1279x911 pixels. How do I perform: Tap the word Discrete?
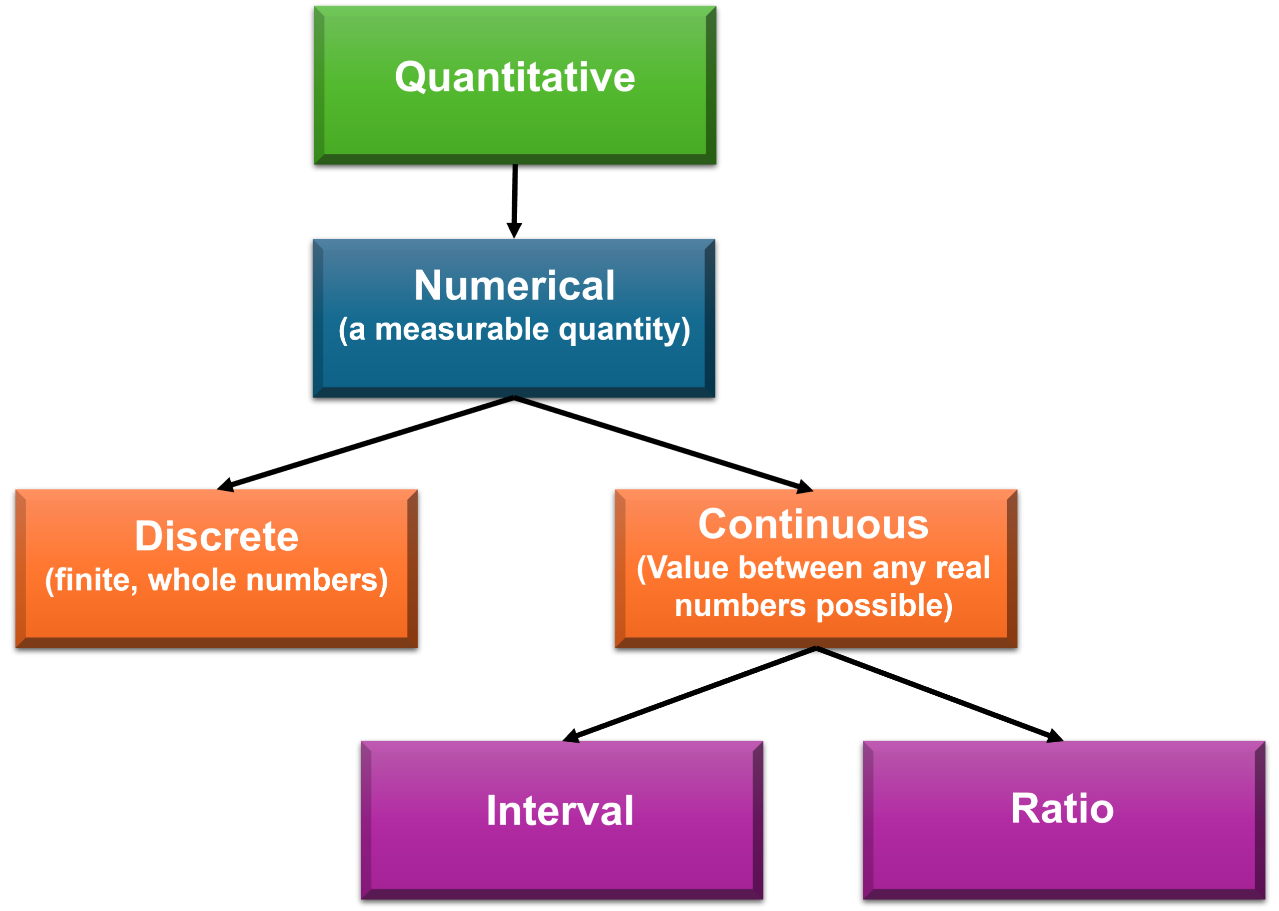216,536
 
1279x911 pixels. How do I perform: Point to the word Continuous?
813,524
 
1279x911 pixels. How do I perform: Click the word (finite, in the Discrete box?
91,580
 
